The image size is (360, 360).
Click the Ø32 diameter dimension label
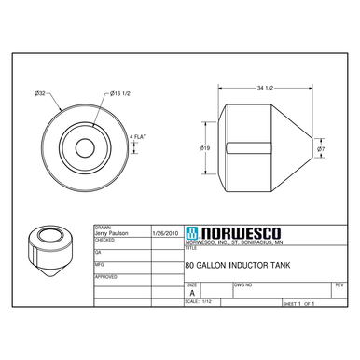coord(41,93)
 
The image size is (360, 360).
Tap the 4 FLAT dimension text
coord(136,139)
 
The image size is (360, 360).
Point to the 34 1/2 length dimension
coord(264,88)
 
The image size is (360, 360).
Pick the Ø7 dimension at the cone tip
coord(321,148)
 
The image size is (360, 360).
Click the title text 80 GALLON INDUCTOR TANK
coord(238,265)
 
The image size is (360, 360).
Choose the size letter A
coord(192,292)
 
